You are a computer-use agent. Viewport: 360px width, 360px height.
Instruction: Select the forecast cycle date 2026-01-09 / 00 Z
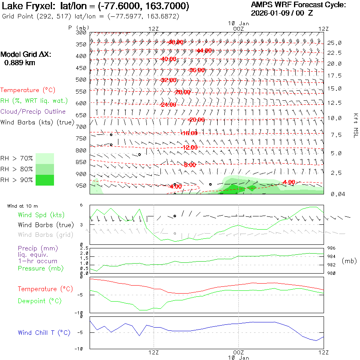(x=282, y=13)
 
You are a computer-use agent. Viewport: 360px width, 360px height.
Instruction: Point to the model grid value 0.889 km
(x=19, y=63)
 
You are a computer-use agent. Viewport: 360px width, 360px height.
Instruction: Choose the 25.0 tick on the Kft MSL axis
(x=334, y=43)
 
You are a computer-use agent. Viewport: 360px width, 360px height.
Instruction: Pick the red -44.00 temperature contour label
(x=204, y=50)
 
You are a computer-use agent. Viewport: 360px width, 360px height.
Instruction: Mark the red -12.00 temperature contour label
(x=190, y=148)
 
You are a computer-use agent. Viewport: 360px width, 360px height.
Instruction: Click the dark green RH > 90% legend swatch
(x=45, y=180)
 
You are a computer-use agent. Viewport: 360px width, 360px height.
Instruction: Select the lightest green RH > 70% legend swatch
(x=45, y=158)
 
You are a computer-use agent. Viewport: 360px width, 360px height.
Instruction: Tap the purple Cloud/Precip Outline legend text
(x=33, y=111)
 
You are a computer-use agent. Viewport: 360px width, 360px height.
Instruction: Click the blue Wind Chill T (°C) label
(x=44, y=332)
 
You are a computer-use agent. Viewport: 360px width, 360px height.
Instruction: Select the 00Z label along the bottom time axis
(x=238, y=352)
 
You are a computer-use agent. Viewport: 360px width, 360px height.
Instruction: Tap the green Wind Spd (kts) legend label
(x=41, y=215)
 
